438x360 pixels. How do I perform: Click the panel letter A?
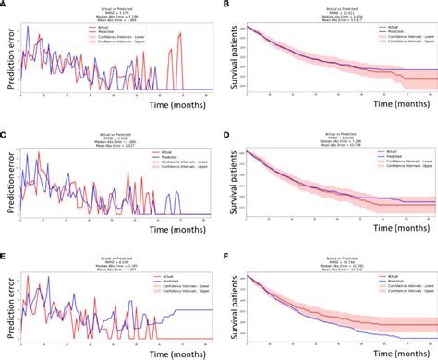[x=5, y=5]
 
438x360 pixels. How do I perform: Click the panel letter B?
[x=226, y=5]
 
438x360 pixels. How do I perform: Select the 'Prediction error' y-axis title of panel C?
[x=7, y=180]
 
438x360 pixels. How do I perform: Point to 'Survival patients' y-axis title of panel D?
[x=232, y=180]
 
